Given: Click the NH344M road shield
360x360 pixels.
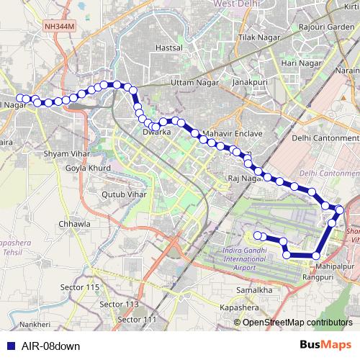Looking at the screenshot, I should (58, 27).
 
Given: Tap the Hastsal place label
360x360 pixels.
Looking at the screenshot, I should (168, 48).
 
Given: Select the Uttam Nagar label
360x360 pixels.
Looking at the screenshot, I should (193, 83).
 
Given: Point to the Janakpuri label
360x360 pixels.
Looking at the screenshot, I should (253, 83).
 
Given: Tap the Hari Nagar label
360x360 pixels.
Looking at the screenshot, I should (301, 63).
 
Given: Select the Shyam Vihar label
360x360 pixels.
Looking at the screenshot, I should (66, 153).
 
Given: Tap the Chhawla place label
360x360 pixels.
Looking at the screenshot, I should (74, 224).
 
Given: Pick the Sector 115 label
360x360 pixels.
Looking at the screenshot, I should (80, 287).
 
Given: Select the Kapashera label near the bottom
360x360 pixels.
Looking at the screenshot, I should (241, 307).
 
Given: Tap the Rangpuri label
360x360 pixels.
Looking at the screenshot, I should (318, 276).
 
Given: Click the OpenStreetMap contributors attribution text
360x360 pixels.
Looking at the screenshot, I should (298, 322).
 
